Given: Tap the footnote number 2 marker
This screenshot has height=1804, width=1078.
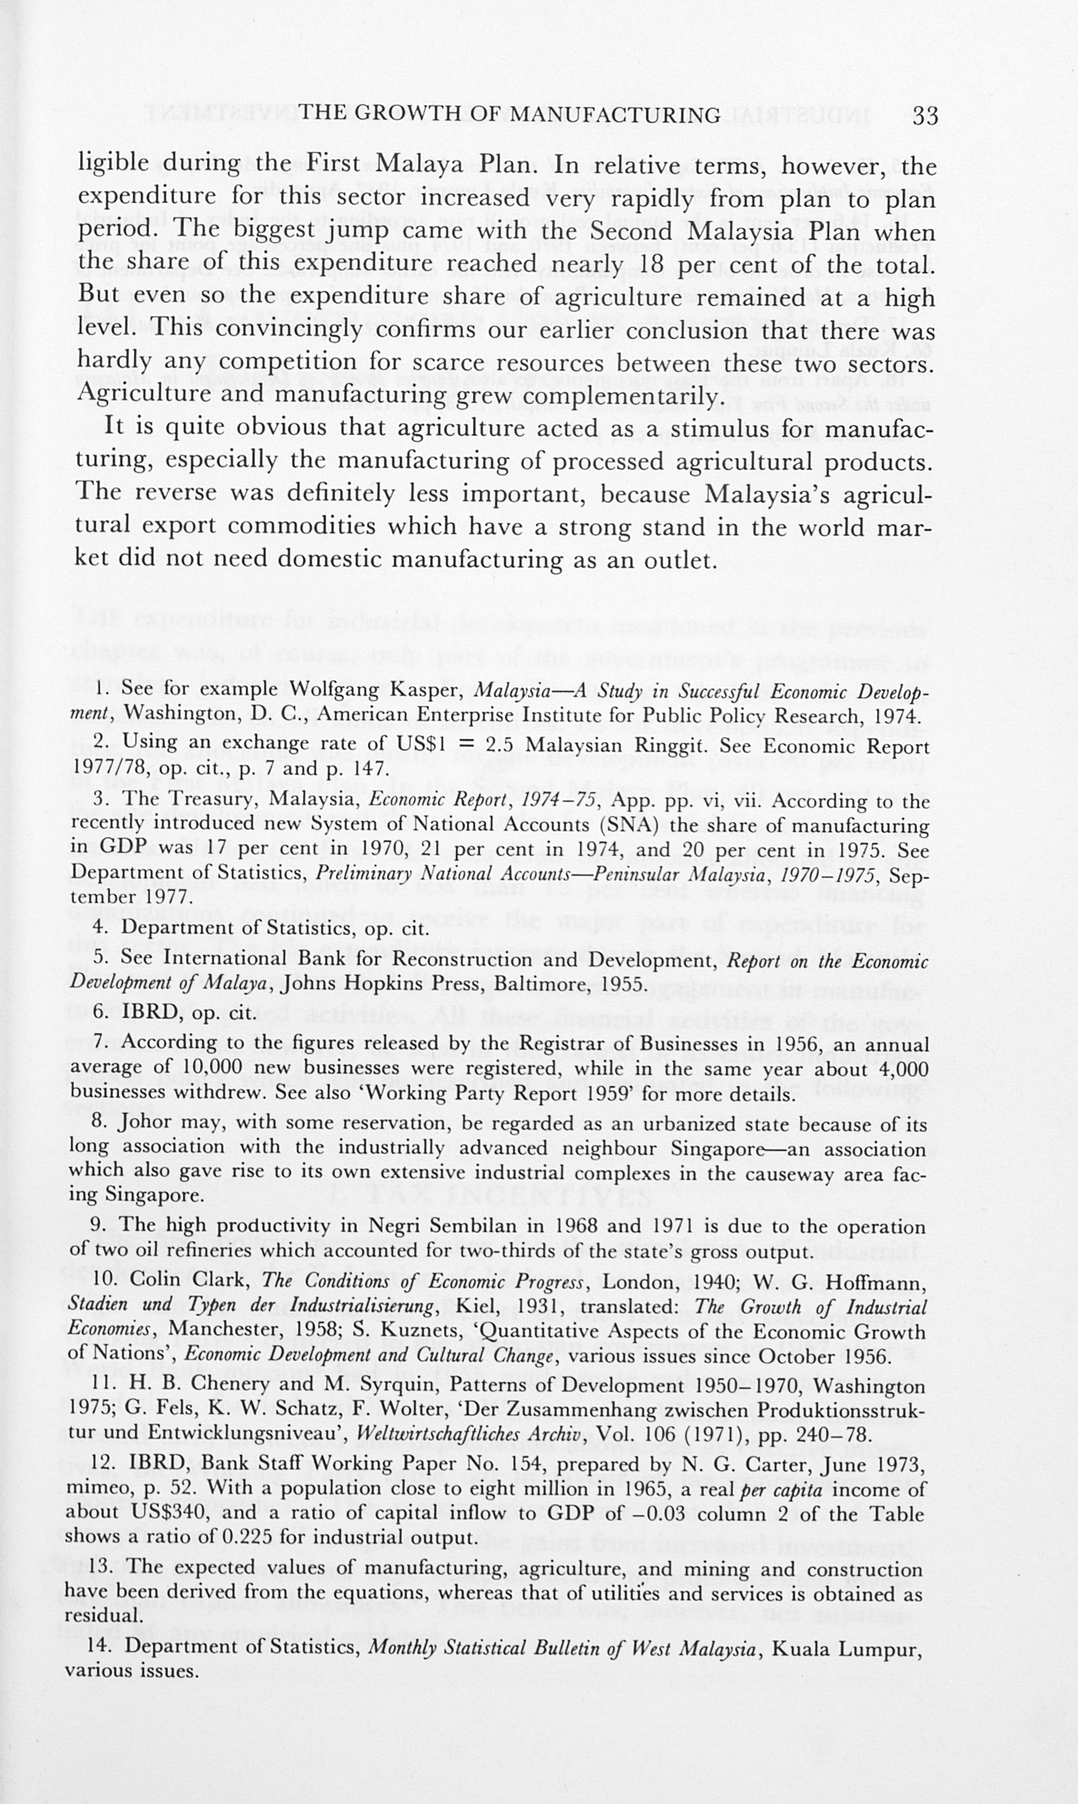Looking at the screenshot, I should tap(99, 742).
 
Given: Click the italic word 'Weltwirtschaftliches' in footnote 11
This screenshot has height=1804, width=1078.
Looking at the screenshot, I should tap(434, 1435).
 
